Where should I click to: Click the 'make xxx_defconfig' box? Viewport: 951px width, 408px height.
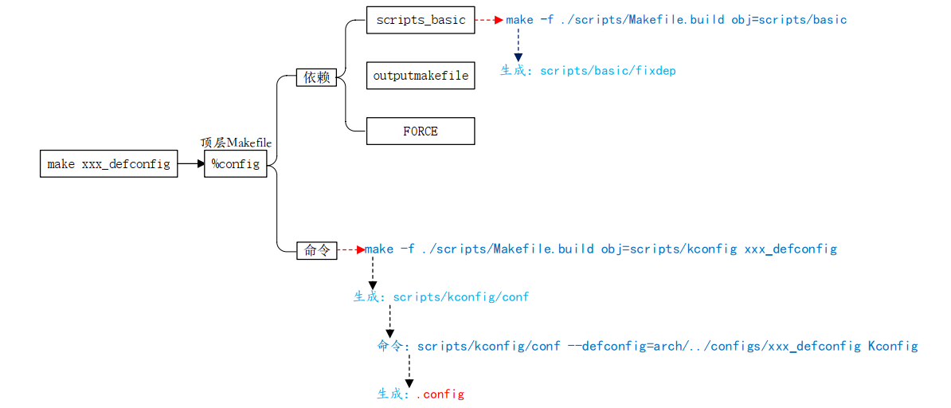tap(108, 164)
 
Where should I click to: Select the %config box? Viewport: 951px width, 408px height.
tap(236, 164)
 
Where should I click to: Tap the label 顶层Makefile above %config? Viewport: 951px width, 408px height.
tap(236, 143)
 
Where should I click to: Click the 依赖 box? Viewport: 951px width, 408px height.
tap(316, 77)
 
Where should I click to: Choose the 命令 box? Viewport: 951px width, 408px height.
tap(316, 250)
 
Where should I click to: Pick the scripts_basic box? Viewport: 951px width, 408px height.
tap(421, 20)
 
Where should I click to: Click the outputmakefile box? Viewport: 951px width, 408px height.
tap(421, 76)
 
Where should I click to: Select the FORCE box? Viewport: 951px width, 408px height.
tap(421, 131)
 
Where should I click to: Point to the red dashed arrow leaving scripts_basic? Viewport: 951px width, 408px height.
tap(489, 20)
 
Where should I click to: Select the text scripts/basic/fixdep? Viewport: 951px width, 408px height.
tap(608, 71)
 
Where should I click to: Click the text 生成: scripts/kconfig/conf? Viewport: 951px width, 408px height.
tap(441, 297)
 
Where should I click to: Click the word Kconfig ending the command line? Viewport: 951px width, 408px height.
tap(893, 346)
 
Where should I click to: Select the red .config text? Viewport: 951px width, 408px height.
tap(440, 394)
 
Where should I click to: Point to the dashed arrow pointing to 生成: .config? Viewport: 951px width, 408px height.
tap(409, 371)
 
